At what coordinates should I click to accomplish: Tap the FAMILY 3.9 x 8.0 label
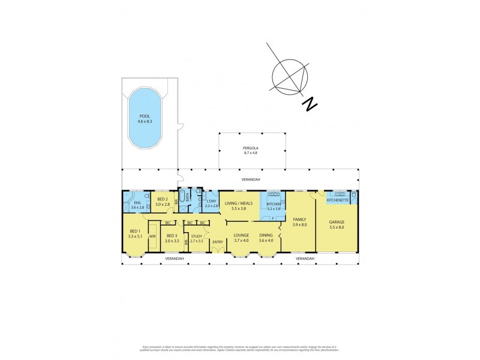(299, 223)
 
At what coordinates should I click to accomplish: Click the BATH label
(188, 196)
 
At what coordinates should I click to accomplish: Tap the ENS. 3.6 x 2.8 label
(138, 205)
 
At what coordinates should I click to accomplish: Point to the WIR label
(152, 236)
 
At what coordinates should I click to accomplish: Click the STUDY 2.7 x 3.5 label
(197, 238)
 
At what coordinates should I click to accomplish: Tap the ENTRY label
(217, 242)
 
